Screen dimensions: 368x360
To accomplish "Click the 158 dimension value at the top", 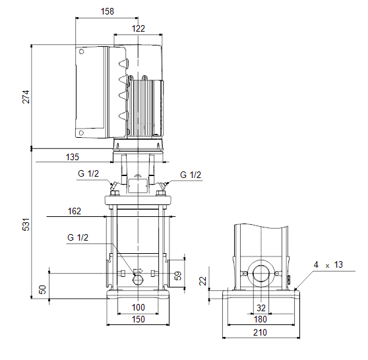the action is click(x=107, y=11).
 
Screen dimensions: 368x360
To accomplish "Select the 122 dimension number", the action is click(x=138, y=28).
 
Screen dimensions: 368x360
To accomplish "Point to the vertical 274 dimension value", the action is click(x=26, y=97).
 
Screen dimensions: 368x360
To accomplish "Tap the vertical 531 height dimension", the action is click(x=26, y=224).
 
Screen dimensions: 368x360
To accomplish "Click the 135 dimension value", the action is click(x=73, y=157).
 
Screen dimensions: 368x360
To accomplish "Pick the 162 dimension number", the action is click(x=74, y=211).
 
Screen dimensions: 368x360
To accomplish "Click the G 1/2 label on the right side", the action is click(x=191, y=175).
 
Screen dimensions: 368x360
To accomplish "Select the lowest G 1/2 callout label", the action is click(x=78, y=237).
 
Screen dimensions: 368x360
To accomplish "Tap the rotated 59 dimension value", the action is click(x=178, y=276).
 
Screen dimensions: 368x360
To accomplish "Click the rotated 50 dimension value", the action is click(x=42, y=289).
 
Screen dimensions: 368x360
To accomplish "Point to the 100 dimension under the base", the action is click(x=138, y=307).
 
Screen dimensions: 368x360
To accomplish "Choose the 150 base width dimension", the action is click(x=138, y=319).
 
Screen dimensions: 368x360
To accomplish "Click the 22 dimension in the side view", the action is click(x=202, y=281).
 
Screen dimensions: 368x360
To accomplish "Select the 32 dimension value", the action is click(x=261, y=308).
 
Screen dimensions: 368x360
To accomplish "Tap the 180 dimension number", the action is click(x=261, y=319).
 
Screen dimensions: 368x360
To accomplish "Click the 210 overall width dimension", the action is click(x=260, y=332).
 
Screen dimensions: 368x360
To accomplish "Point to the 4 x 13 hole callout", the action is click(x=328, y=264).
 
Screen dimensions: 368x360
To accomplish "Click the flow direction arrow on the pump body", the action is click(x=138, y=270).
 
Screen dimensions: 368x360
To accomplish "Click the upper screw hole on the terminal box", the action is click(x=81, y=51).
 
